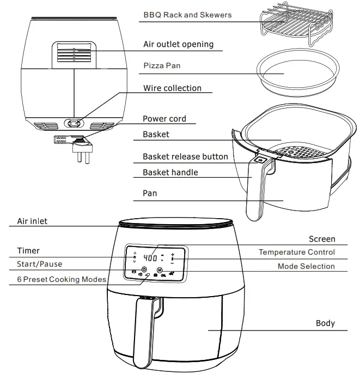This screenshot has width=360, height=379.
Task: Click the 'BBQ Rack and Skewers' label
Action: [187, 15]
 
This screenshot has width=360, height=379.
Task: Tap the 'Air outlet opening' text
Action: [178, 44]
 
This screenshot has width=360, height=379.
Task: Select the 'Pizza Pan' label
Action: [162, 65]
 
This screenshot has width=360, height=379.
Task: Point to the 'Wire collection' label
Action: [172, 88]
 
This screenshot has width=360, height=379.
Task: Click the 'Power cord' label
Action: [164, 118]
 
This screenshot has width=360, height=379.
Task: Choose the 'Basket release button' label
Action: [185, 157]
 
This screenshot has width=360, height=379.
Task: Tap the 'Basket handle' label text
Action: [170, 172]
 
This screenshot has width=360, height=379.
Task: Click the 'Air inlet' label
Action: [32, 221]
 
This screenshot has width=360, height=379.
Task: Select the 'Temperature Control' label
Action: [296, 252]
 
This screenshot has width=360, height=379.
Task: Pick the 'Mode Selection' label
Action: [306, 266]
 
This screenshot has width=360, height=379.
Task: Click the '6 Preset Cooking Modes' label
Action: [61, 279]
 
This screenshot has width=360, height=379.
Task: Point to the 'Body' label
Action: [325, 323]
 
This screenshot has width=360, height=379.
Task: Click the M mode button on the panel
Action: [160, 270]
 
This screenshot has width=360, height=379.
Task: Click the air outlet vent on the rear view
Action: [74, 55]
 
